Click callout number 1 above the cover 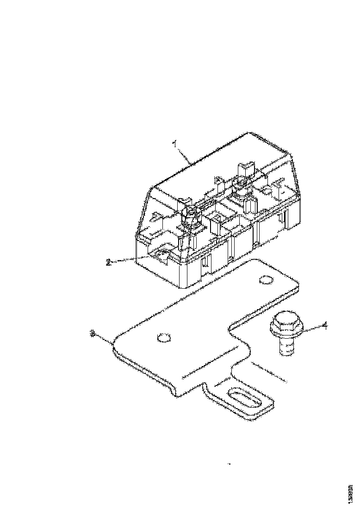[175, 144]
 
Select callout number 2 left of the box [108, 262]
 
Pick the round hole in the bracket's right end [266, 280]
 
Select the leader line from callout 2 [134, 259]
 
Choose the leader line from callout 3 [104, 337]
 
